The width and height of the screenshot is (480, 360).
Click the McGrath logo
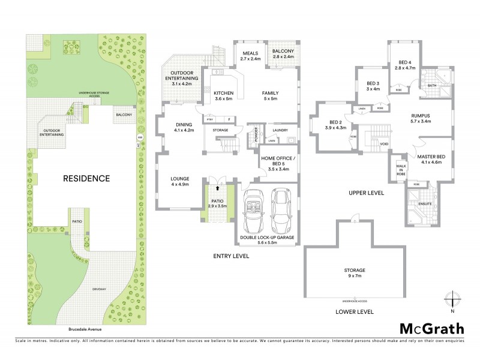coord(432,328)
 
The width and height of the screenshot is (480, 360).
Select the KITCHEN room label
coord(223,96)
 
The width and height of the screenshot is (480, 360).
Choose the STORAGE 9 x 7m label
coord(355,273)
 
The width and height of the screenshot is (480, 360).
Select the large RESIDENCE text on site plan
coord(88,178)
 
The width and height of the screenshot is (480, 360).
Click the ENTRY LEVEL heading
coord(231,256)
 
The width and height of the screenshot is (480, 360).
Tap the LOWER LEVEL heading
coord(355,311)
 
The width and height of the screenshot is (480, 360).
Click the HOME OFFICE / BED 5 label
coord(277,162)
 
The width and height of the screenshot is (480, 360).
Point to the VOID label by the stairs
coord(385,144)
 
